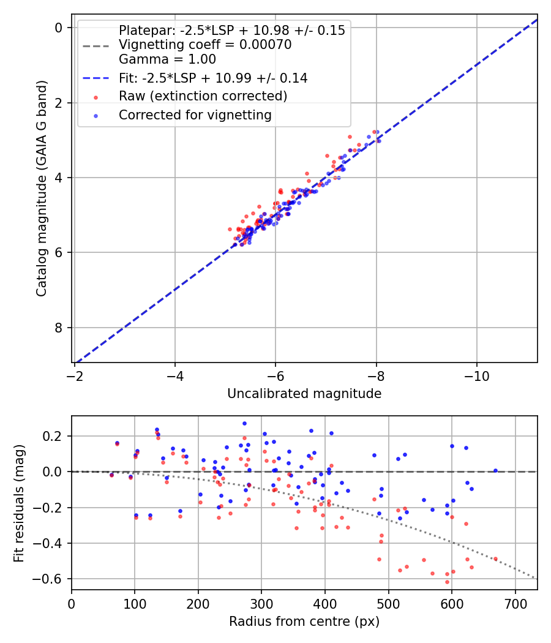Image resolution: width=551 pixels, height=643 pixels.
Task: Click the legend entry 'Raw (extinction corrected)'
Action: (203, 96)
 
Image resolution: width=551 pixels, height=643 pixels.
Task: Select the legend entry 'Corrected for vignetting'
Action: (195, 115)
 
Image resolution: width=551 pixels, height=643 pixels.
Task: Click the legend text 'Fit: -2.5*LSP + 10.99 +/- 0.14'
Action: (213, 78)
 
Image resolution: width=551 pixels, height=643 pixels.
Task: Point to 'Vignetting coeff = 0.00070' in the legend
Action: (205, 45)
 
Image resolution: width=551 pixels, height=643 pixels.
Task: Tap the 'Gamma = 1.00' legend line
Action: (167, 59)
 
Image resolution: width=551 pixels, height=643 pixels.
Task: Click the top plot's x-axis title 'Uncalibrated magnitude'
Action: (304, 394)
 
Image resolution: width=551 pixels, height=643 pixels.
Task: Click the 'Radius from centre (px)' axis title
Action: (304, 622)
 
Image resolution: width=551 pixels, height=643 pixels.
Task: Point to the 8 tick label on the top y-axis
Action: (59, 328)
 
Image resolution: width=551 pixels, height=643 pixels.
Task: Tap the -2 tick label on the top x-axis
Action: (75, 376)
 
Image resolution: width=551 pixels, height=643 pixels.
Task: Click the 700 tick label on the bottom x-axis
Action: (515, 603)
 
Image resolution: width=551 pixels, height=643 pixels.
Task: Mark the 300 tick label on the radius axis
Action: (261, 603)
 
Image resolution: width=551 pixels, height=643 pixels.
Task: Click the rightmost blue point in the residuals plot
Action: (495, 470)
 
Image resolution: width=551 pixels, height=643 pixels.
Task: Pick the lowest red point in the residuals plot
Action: (447, 582)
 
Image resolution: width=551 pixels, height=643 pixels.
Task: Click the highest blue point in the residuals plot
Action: (244, 423)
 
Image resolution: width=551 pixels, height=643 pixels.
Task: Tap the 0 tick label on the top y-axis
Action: (59, 28)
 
